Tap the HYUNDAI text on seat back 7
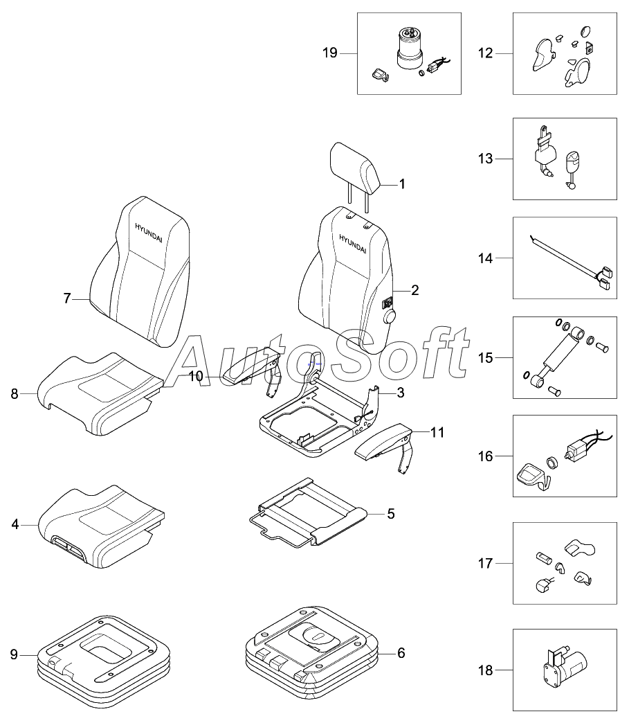[150, 229]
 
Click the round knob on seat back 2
[390, 318]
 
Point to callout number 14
[486, 258]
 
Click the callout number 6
[401, 653]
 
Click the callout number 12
[485, 53]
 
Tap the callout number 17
[485, 564]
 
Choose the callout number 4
[15, 525]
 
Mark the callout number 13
[485, 159]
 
